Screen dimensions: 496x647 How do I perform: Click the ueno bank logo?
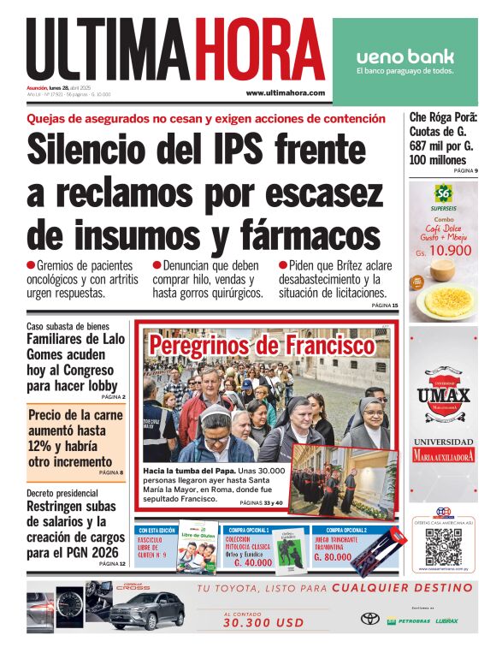pos(404,58)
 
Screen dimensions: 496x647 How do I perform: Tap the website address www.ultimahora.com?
pos(285,92)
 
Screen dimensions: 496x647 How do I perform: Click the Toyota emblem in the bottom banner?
pos(369,618)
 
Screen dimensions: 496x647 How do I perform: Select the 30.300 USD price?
pos(251,624)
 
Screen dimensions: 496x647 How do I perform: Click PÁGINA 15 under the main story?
pos(384,306)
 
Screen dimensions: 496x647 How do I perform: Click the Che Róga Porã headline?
pos(443,139)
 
